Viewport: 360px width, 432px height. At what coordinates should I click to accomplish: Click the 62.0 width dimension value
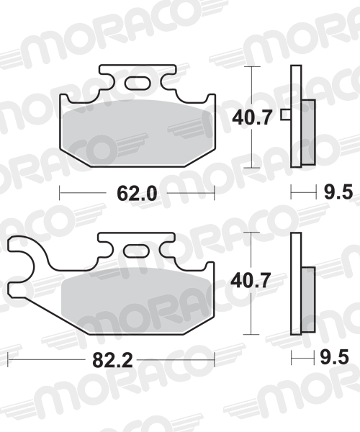click(137, 192)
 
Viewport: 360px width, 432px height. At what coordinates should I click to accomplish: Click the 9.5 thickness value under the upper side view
click(338, 192)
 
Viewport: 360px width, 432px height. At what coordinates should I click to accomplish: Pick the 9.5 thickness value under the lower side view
click(338, 359)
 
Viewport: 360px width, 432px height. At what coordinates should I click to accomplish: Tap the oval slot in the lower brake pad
click(135, 252)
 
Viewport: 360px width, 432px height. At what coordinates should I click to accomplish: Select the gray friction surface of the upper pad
click(137, 137)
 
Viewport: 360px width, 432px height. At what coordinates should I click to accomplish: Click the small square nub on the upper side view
click(286, 114)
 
